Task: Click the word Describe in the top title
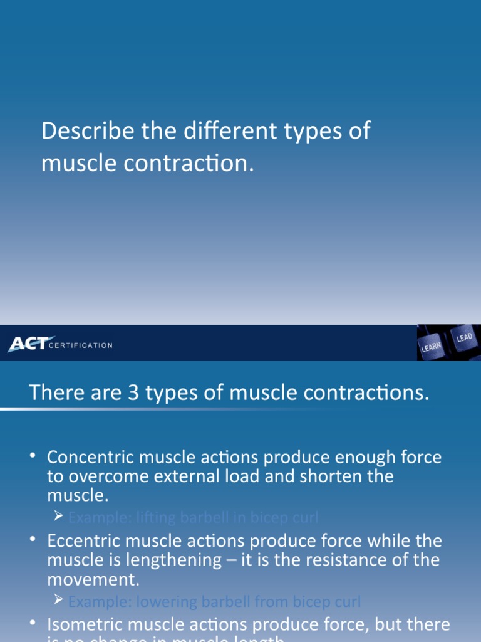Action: point(78,132)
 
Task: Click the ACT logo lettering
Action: point(28,344)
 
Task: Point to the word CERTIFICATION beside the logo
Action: point(81,345)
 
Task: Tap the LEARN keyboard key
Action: point(431,347)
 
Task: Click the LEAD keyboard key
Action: point(464,338)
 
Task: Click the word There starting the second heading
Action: point(55,393)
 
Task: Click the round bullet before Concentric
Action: point(33,456)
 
